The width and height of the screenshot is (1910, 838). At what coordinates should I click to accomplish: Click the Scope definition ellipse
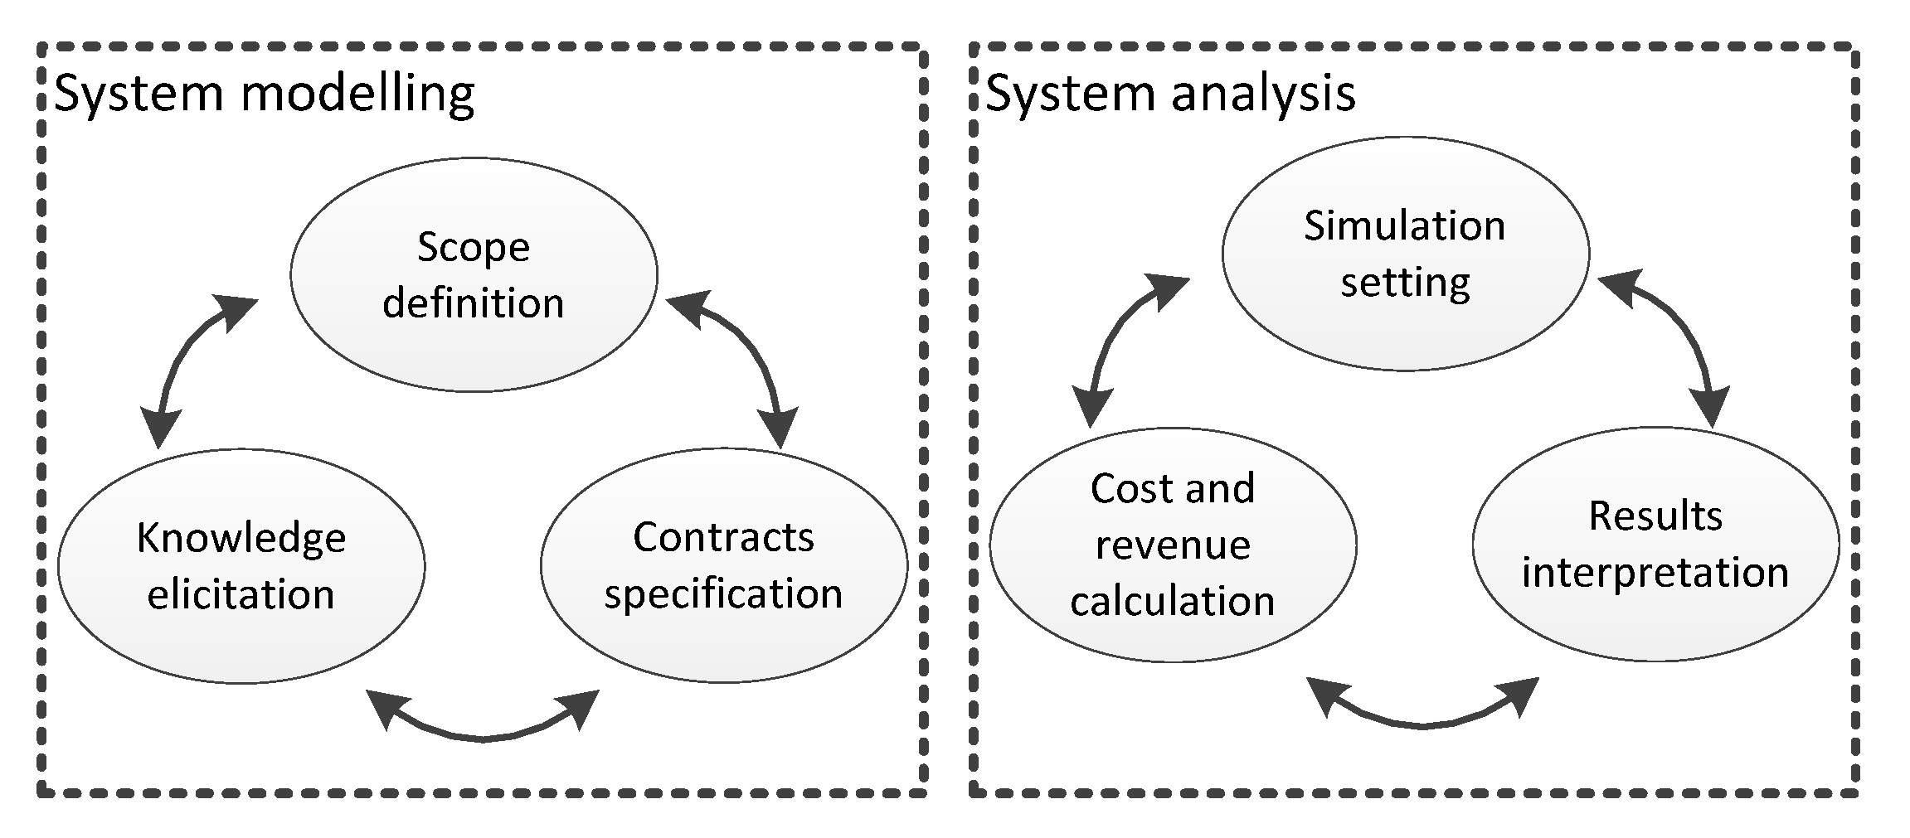pos(474,274)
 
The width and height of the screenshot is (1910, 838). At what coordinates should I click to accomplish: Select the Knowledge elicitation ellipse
pos(241,566)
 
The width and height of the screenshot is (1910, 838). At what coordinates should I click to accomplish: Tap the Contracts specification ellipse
pos(723,565)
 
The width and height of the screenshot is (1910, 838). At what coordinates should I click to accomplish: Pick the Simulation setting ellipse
pos(1405,254)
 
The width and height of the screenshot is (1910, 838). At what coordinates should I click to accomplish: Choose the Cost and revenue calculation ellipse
pos(1173,545)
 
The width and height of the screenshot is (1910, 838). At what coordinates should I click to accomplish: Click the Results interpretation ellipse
pos(1655,544)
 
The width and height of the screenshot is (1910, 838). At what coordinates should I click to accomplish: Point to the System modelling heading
pos(264,94)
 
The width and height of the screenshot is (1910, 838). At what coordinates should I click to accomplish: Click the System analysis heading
pos(1170,94)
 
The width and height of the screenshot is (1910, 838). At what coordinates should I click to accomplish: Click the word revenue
pos(1173,545)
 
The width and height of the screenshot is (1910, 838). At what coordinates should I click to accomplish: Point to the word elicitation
pos(241,595)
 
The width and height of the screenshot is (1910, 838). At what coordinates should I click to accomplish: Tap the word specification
pos(723,594)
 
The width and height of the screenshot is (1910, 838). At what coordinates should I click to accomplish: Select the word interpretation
pos(1655,573)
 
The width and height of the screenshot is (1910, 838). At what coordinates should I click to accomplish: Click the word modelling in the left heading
pos(357,94)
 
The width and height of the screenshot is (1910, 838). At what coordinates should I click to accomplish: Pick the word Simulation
pos(1404,225)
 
